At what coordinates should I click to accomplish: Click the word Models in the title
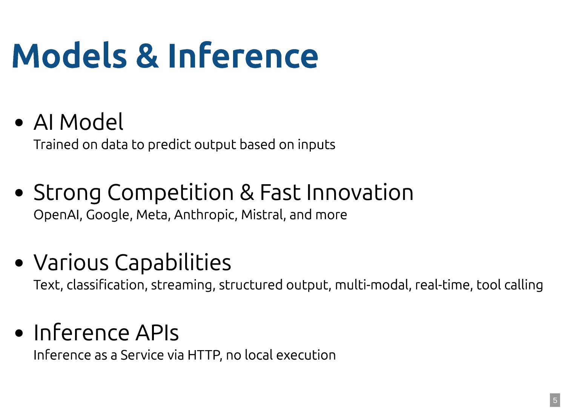(69, 55)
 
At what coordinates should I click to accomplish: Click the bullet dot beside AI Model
(19, 123)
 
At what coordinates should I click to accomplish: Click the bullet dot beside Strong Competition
(19, 193)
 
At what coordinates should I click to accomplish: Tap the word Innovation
(360, 192)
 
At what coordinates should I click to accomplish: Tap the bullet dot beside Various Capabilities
(19, 263)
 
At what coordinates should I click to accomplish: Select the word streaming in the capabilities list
(183, 285)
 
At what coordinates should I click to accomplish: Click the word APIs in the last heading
(157, 333)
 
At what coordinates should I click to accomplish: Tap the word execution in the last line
(306, 355)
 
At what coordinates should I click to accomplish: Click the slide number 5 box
(555, 400)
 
